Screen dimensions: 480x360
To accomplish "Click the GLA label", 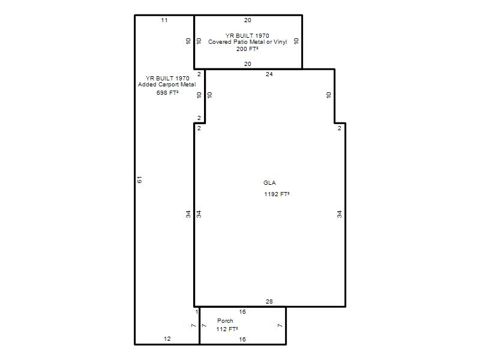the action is pyautogui.click(x=269, y=183).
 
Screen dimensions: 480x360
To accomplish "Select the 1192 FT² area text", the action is pyautogui.click(x=277, y=194).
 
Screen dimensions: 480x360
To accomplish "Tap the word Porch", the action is pyautogui.click(x=225, y=320).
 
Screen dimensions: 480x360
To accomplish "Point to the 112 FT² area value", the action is pyautogui.click(x=227, y=329).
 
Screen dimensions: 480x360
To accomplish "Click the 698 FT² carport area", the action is pyautogui.click(x=167, y=92).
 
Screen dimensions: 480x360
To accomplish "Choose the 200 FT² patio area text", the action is pyautogui.click(x=247, y=49).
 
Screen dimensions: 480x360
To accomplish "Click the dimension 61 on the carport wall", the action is pyautogui.click(x=140, y=179).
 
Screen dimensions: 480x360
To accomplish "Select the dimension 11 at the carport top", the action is pyautogui.click(x=164, y=20).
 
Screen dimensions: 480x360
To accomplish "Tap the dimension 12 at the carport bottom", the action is pyautogui.click(x=167, y=338).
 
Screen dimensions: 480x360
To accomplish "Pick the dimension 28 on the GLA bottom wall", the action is pyautogui.click(x=269, y=302).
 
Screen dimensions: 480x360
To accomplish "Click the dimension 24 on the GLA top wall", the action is pyautogui.click(x=269, y=74).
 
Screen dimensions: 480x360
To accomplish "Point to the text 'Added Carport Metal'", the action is pyautogui.click(x=167, y=84).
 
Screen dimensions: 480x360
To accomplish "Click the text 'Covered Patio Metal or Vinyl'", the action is pyautogui.click(x=247, y=41).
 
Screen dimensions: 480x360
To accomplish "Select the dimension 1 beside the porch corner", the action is pyautogui.click(x=197, y=311).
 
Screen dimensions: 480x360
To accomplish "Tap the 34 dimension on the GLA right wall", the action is pyautogui.click(x=339, y=214).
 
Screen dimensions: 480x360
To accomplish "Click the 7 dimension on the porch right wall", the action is pyautogui.click(x=280, y=325).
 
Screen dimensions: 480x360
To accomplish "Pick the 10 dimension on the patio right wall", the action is pyautogui.click(x=296, y=41).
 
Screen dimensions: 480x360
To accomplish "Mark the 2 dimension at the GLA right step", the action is pyautogui.click(x=339, y=128).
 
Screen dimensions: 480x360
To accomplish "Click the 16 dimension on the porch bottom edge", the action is pyautogui.click(x=242, y=339).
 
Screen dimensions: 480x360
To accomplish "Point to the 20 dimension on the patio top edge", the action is pyautogui.click(x=247, y=20).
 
